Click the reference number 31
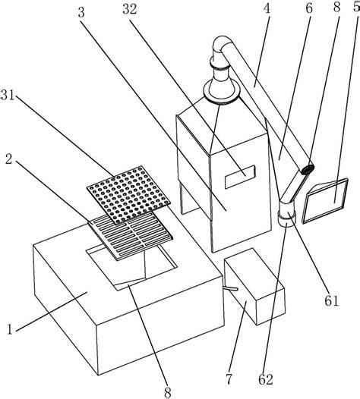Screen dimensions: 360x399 point(8,96)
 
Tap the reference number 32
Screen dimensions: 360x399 point(130,9)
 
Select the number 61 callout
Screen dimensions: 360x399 point(331,300)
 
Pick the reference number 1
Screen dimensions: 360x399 point(10,329)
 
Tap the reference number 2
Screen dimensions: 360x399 point(9,159)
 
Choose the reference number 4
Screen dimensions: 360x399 point(267,8)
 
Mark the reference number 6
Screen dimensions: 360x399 point(308,8)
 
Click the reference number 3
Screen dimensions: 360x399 point(81,12)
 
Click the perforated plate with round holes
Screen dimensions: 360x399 point(128,196)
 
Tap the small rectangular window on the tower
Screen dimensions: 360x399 point(240,177)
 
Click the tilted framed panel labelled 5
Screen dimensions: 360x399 point(325,200)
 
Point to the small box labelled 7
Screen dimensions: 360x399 point(254,287)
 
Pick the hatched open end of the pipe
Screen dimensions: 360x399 point(308,169)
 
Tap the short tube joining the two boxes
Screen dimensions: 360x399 point(231,288)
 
